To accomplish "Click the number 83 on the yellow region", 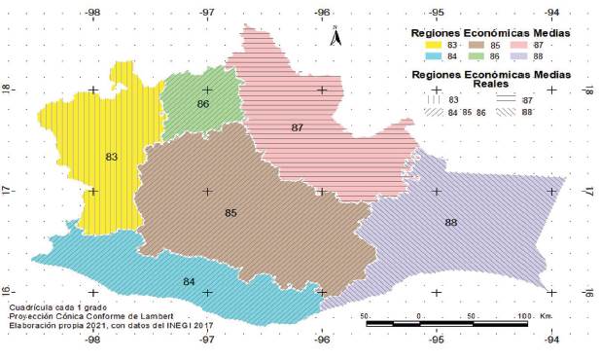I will pos(111,157).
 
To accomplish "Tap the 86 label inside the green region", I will pos(202,104).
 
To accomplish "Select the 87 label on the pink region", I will pos(297,128).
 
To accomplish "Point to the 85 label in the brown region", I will pos(230,213).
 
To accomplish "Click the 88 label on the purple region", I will pos(451,223).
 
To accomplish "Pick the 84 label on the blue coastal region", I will pos(189,282).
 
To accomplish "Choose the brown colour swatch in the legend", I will pos(477,46).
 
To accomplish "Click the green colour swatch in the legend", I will pos(477,57).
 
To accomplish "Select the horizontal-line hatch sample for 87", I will pos(507,100).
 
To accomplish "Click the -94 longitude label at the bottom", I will pos(551,340).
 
